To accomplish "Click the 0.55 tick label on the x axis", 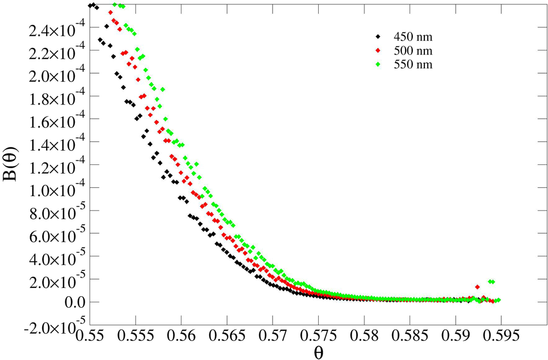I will [90, 335].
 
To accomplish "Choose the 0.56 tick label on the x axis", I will [181, 335].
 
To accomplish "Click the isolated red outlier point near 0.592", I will [477, 287].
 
